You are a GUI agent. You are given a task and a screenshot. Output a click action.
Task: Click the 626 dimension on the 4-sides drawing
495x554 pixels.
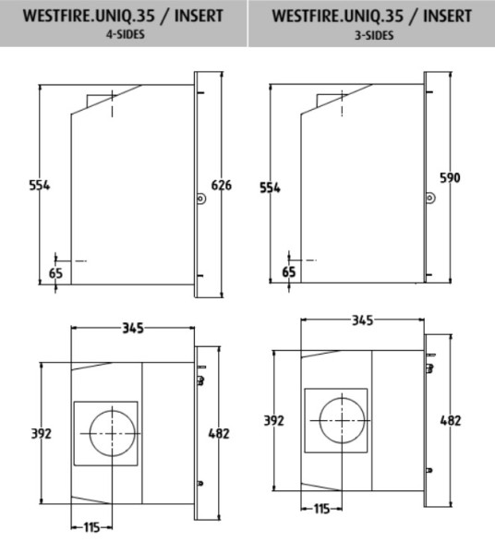(x=222, y=185)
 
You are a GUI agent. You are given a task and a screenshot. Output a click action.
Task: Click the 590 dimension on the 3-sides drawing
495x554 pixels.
(x=450, y=176)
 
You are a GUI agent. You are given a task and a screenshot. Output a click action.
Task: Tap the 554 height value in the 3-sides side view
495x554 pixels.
(x=270, y=187)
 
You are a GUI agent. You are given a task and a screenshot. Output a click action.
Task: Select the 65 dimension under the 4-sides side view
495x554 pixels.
(x=55, y=273)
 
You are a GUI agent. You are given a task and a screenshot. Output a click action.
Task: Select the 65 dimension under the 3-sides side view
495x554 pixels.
(x=289, y=271)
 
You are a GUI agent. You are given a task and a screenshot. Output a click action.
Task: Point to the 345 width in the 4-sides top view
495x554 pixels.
(x=134, y=328)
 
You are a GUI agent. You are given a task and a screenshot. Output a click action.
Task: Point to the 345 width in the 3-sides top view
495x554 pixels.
(x=362, y=319)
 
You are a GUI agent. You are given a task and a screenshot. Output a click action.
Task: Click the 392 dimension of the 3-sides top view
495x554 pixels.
(x=273, y=420)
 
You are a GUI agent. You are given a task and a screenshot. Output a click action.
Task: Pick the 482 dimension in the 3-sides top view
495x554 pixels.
(x=450, y=420)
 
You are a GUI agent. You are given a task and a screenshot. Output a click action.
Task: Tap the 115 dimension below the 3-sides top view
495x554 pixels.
(x=321, y=509)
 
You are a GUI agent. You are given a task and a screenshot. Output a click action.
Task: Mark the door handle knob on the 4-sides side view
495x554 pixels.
(x=199, y=197)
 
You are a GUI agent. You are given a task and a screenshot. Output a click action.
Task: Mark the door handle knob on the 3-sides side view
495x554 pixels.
(x=429, y=197)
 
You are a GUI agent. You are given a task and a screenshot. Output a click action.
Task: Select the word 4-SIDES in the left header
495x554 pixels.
(x=123, y=35)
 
